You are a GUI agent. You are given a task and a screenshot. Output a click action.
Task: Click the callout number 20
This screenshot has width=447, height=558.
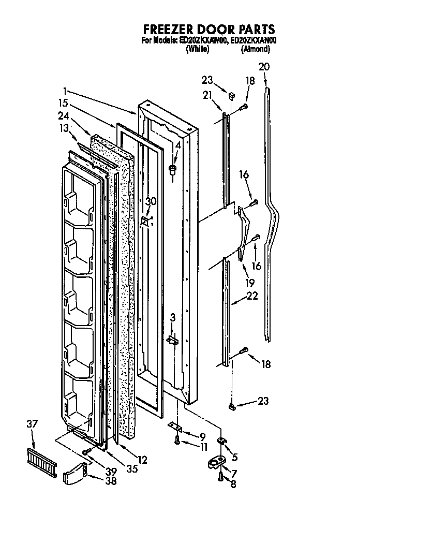[264, 67]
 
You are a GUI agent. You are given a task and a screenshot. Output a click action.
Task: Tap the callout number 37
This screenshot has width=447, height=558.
[32, 424]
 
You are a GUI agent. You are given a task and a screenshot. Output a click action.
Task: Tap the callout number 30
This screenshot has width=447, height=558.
[150, 202]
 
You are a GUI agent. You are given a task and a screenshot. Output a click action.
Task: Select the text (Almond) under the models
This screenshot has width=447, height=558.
[255, 49]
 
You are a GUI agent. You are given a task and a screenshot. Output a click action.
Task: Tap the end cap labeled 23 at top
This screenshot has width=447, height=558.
[231, 95]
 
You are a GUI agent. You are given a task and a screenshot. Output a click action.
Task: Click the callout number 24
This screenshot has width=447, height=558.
[64, 115]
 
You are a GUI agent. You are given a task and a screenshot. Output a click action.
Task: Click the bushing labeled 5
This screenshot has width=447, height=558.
[222, 441]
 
